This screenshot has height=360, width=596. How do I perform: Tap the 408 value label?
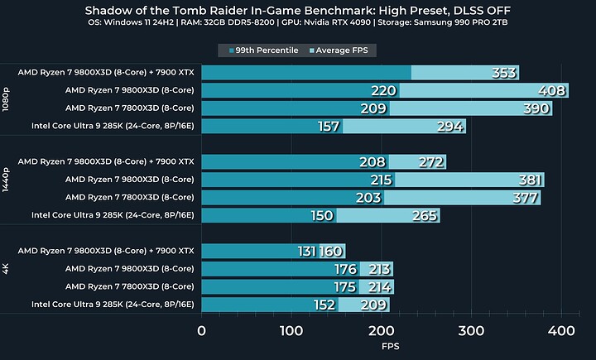pyautogui.click(x=553, y=91)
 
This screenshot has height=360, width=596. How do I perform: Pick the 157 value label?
pyautogui.click(x=329, y=127)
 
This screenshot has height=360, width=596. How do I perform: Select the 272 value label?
pyautogui.click(x=431, y=162)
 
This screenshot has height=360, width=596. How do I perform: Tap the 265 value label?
pyautogui.click(x=424, y=216)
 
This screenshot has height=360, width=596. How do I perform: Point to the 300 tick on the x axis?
pyautogui.click(x=471, y=331)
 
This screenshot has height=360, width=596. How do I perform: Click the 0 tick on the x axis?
pyautogui.click(x=201, y=331)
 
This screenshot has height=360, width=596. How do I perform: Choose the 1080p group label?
pyautogui.click(x=7, y=99)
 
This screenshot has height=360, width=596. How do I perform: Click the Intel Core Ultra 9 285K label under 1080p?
pyautogui.click(x=113, y=126)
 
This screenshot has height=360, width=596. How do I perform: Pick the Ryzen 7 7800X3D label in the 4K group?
pyautogui.click(x=129, y=287)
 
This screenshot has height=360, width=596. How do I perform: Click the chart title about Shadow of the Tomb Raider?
pyautogui.click(x=298, y=11)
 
